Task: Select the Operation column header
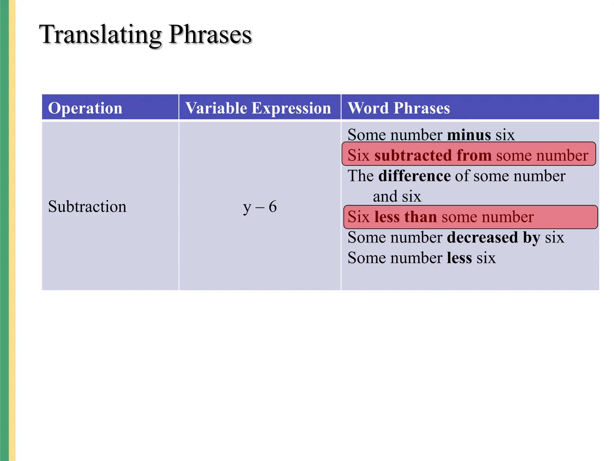tap(85, 108)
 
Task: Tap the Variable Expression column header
tap(258, 108)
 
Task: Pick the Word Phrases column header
tap(398, 108)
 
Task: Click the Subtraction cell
tap(87, 206)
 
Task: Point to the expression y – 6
tap(260, 207)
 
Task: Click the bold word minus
tap(469, 135)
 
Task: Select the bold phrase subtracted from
tap(433, 155)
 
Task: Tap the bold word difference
tap(414, 176)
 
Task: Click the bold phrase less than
tap(406, 217)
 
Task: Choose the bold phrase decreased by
tap(493, 237)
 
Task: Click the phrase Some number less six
tap(422, 258)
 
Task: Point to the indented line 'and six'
tap(397, 196)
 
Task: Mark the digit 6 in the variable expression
tap(273, 207)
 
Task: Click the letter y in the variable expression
tap(247, 207)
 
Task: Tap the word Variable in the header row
tap(216, 108)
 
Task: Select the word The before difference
tap(360, 176)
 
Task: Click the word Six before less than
tap(359, 217)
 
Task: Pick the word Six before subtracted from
tap(359, 155)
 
